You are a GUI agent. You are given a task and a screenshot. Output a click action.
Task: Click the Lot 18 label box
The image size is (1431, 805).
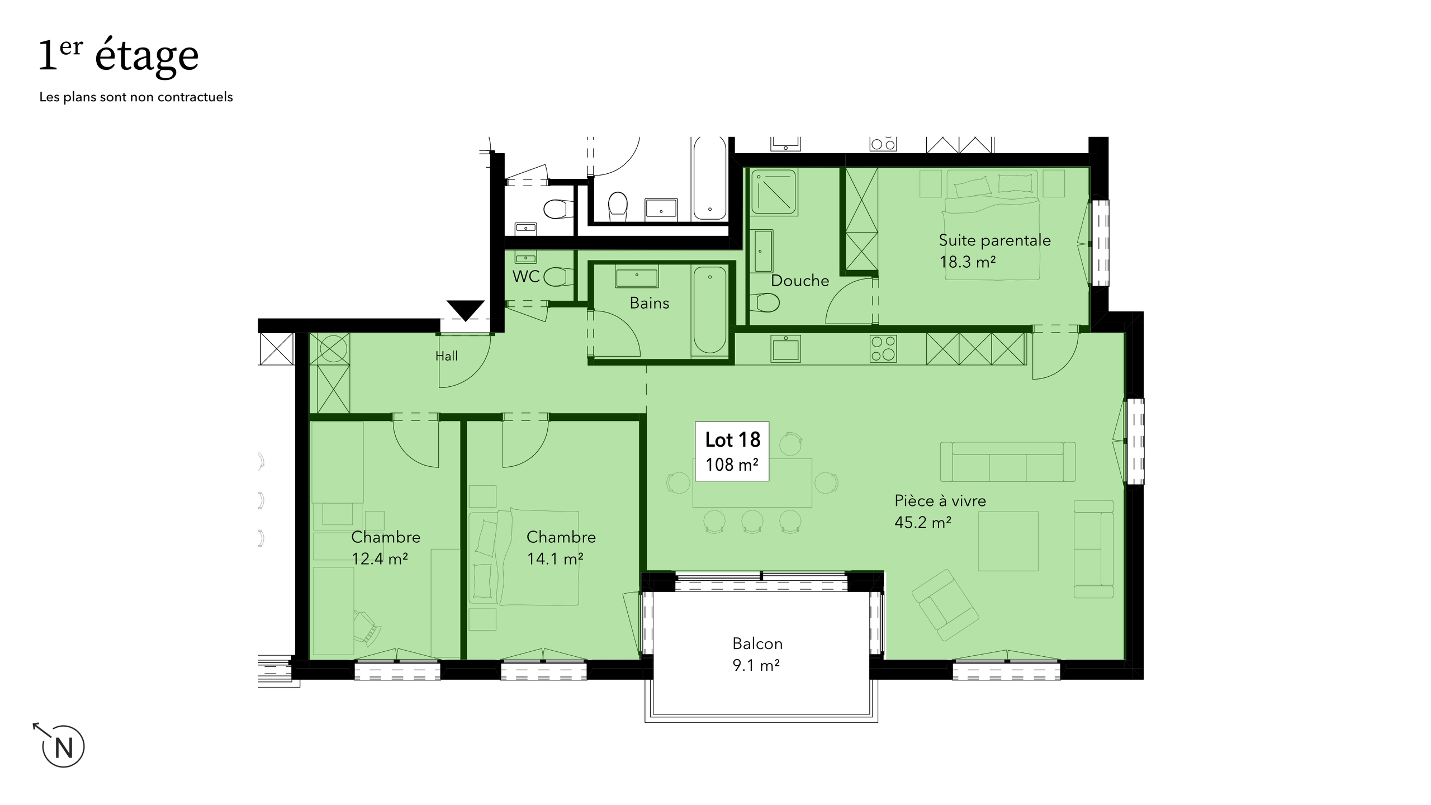point(732,451)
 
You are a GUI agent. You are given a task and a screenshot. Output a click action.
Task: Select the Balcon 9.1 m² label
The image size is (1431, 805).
point(757,654)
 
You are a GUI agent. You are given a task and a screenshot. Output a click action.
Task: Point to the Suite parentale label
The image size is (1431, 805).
point(994,240)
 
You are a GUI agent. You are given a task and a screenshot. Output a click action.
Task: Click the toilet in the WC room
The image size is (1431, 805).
point(558,276)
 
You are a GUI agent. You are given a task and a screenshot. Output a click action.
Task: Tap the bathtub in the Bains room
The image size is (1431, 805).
point(710,310)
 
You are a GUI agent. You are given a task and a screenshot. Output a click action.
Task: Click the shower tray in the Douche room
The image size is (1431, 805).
point(774,192)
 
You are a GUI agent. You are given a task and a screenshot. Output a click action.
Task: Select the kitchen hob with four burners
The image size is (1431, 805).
point(883,348)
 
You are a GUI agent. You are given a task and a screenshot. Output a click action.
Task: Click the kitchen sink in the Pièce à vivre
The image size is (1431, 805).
point(786,348)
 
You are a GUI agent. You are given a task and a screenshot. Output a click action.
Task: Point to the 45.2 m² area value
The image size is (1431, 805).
point(923,522)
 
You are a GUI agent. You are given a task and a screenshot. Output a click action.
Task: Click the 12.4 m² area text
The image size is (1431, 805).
point(380,558)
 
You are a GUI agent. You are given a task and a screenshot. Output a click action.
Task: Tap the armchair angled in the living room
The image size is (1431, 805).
point(945,605)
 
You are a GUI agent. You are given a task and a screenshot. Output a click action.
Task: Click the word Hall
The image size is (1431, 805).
point(447,356)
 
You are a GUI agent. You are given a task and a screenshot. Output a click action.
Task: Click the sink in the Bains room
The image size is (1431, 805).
point(637,277)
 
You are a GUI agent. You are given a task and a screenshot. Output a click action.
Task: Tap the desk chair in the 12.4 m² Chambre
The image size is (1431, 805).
point(367,627)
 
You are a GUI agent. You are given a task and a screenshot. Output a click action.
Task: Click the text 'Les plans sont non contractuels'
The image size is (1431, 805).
point(136,97)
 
